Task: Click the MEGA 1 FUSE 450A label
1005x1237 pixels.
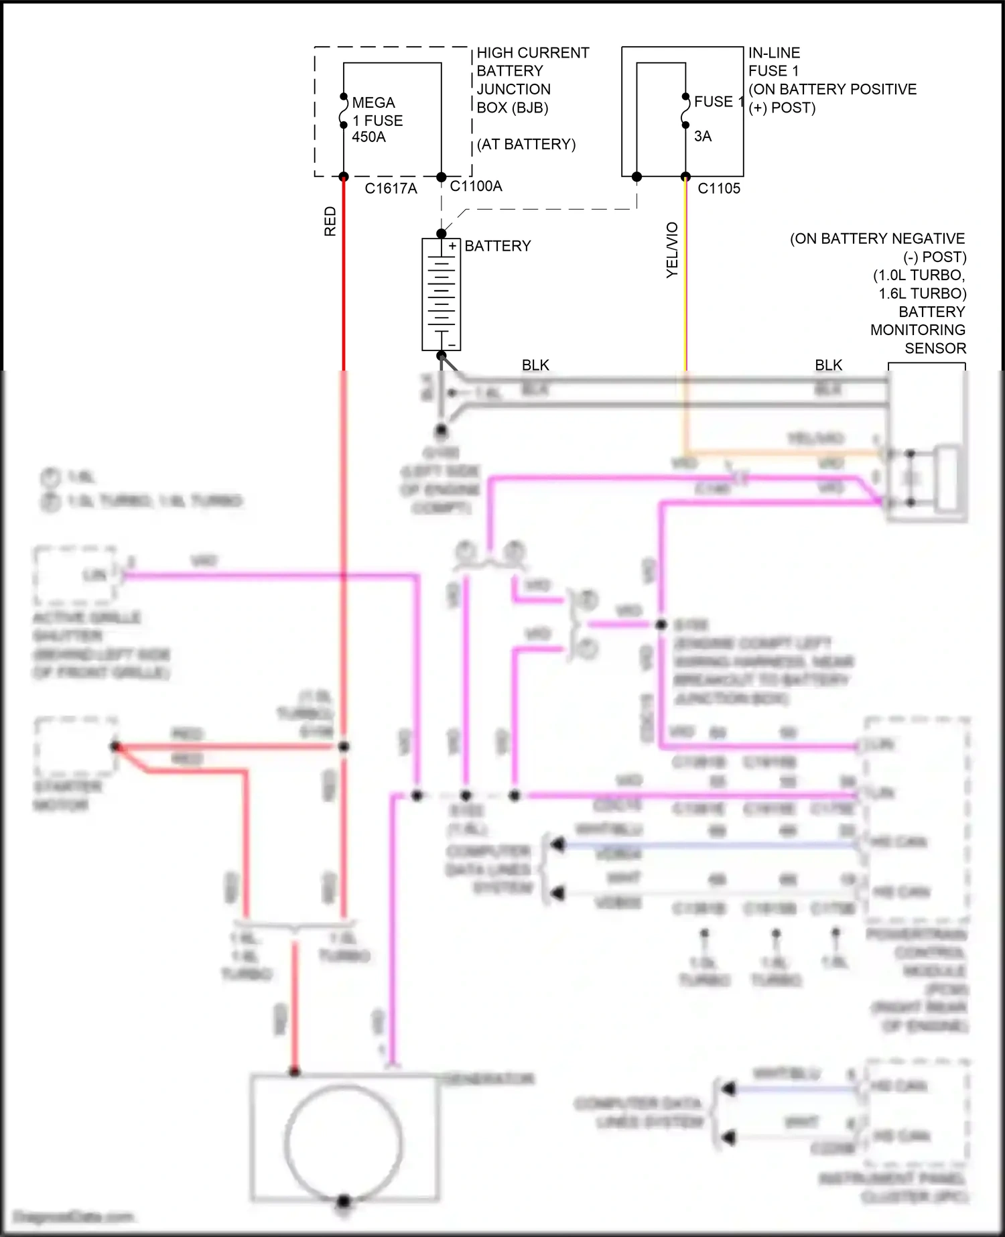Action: click(x=377, y=120)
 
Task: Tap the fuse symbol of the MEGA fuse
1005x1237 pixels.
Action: click(x=344, y=111)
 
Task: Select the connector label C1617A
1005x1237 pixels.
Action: click(x=391, y=189)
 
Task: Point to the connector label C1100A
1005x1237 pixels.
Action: click(x=476, y=186)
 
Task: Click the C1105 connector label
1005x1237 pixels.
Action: click(x=719, y=189)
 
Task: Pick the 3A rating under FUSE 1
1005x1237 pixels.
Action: click(x=703, y=137)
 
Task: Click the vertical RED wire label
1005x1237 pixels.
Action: click(x=330, y=221)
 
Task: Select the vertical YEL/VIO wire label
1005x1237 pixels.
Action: click(x=673, y=250)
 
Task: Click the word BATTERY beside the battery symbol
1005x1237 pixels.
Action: click(x=497, y=246)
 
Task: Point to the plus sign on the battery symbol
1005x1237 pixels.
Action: click(x=452, y=247)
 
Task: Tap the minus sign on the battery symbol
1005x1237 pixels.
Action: click(x=452, y=345)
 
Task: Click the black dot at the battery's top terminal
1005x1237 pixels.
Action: click(x=441, y=233)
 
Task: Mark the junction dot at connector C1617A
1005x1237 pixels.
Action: click(x=344, y=177)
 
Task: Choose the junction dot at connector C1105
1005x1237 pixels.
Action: click(x=685, y=177)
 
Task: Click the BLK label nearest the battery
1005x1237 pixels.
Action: click(x=535, y=365)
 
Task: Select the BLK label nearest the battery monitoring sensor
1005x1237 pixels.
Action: click(x=828, y=365)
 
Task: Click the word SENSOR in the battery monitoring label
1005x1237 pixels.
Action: click(x=935, y=348)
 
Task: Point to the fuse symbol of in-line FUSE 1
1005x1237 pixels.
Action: click(x=685, y=111)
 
